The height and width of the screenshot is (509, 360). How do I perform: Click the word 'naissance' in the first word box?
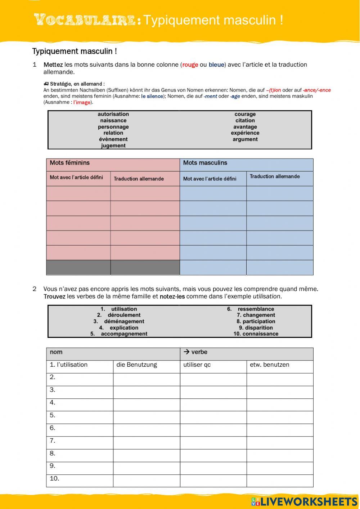point(113,121)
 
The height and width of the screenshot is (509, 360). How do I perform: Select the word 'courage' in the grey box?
point(245,114)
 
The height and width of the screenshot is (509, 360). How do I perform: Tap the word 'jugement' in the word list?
point(113,146)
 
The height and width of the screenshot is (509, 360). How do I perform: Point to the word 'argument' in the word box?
point(245,139)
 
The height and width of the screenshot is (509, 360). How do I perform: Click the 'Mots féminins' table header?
point(70,163)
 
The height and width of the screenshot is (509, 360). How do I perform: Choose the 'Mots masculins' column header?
point(205,163)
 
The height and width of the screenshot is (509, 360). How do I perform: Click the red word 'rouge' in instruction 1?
point(190,65)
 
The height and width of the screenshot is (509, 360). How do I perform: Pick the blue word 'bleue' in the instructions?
point(216,65)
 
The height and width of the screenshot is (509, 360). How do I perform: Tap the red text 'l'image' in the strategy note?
point(82,102)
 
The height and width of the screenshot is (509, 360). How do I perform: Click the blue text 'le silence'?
point(152,96)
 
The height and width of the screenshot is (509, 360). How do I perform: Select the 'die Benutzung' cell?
point(137,365)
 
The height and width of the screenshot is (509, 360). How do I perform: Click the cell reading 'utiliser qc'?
point(197,365)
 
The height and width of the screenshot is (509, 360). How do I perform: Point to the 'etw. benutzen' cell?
point(270,365)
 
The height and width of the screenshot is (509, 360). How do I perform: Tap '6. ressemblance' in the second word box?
point(251,309)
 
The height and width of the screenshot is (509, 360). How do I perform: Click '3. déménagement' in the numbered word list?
point(119,321)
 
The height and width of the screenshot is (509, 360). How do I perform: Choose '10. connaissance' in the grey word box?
point(256,334)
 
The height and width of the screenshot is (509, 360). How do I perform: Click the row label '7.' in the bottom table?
point(53,441)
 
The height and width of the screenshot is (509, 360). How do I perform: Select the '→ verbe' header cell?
point(195,352)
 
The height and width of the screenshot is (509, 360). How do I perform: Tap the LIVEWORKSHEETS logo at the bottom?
point(304,501)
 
